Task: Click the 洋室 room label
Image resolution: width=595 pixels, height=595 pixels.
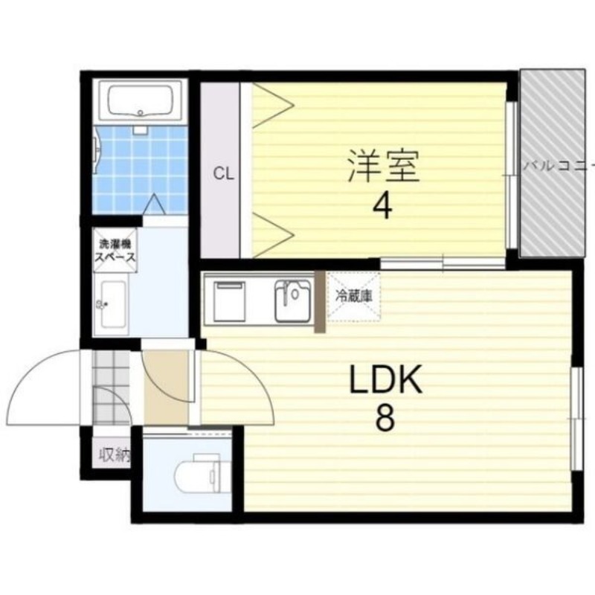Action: [384, 167]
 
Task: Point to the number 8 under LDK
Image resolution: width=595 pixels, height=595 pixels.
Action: [385, 420]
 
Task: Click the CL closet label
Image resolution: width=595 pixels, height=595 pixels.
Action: [224, 175]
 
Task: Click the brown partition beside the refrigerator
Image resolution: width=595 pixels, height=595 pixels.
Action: [320, 301]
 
